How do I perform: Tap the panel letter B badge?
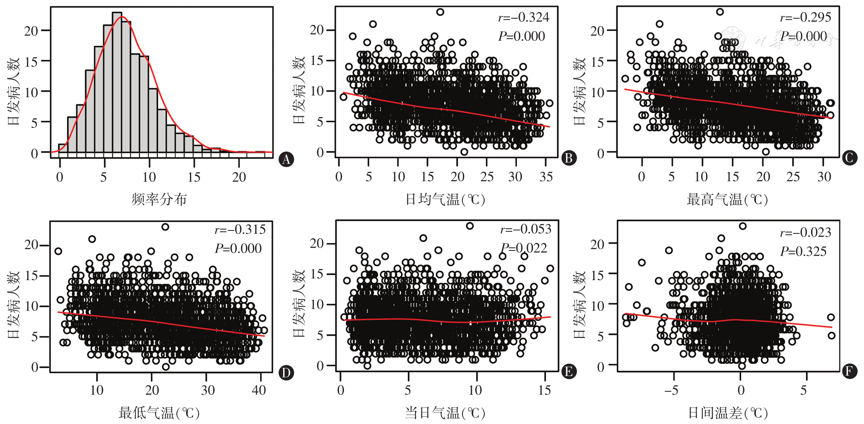point(569,158)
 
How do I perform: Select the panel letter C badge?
point(849,158)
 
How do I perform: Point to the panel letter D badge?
point(286,373)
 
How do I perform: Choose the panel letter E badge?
point(569,371)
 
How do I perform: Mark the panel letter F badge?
point(849,371)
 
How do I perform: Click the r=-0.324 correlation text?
point(524,17)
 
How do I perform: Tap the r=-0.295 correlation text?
point(805,17)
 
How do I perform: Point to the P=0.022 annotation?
point(524,248)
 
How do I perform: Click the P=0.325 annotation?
point(803,251)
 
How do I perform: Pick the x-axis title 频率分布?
point(159,199)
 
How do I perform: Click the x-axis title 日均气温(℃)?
point(445,199)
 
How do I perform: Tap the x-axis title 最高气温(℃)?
point(727,199)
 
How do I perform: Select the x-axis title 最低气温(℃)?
point(159,413)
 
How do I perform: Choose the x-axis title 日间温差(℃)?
point(727,413)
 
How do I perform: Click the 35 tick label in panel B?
point(546,177)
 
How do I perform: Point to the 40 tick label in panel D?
point(259,390)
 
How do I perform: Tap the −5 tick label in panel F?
point(672,390)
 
